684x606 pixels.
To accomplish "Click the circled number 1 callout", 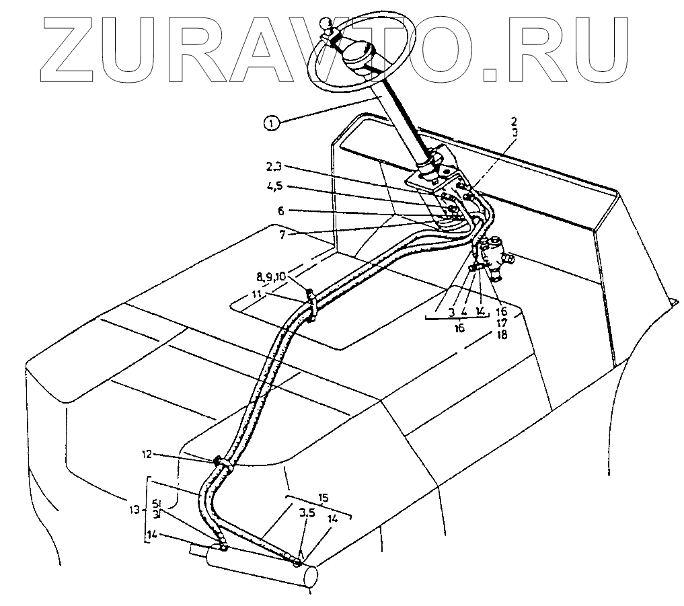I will (271, 122).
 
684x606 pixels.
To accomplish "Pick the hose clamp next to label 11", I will (311, 296).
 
